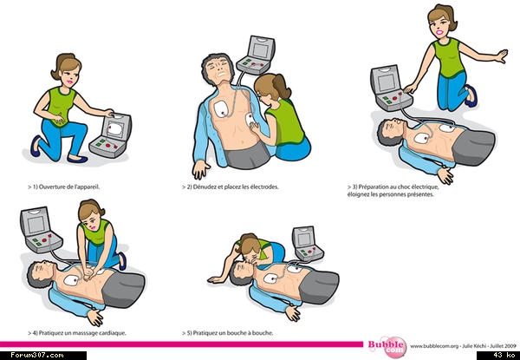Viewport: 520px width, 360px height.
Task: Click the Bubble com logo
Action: (387, 347)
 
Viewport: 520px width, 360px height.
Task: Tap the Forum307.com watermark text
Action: (36, 356)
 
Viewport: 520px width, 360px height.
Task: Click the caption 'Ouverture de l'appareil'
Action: (69, 187)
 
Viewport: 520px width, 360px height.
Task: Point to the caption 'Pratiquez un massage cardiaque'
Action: (82, 333)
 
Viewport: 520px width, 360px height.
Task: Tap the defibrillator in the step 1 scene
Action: (111, 135)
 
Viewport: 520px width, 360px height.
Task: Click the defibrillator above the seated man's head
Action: (257, 55)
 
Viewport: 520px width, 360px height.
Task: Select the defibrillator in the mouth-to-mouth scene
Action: (307, 244)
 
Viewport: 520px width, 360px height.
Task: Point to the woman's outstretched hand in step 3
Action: (502, 56)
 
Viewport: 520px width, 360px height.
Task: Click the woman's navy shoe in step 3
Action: (471, 96)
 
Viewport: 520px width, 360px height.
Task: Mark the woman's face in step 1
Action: (71, 75)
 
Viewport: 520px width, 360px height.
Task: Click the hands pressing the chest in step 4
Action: (88, 273)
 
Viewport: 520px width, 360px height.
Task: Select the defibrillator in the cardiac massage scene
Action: (41, 230)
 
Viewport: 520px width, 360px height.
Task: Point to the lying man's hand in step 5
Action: (293, 313)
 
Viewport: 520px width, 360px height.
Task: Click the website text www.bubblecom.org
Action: (434, 346)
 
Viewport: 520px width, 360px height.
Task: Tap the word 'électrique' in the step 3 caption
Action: (426, 187)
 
